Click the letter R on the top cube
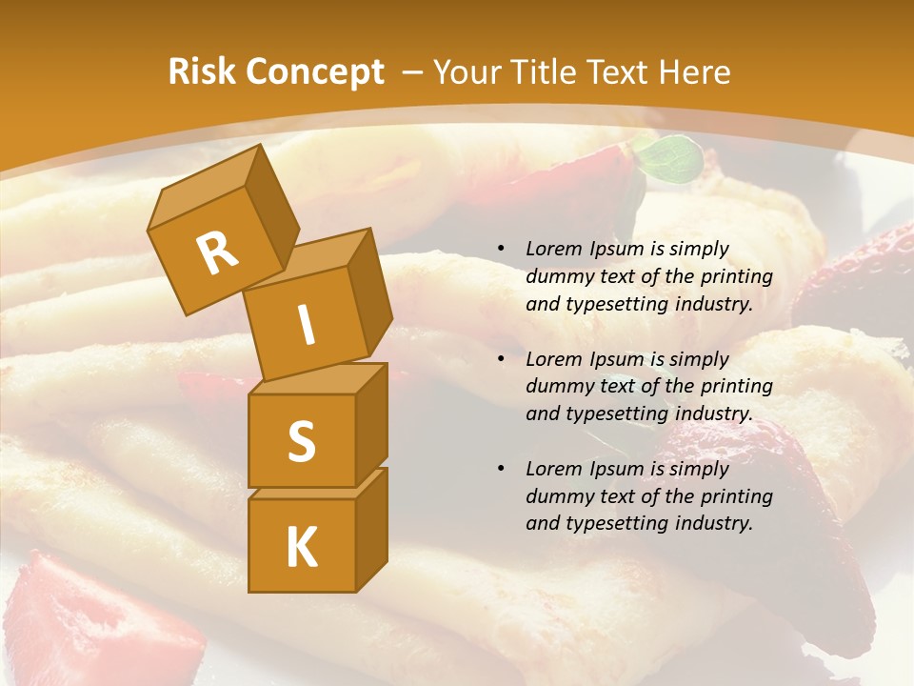(217, 252)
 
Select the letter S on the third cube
(301, 441)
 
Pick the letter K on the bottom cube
(301, 548)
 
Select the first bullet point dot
(500, 250)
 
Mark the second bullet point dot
(500, 359)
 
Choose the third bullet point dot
(500, 469)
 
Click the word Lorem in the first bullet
(554, 250)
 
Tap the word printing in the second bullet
(736, 387)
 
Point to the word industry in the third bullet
(707, 523)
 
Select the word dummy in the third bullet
(557, 496)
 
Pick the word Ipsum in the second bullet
(617, 359)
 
